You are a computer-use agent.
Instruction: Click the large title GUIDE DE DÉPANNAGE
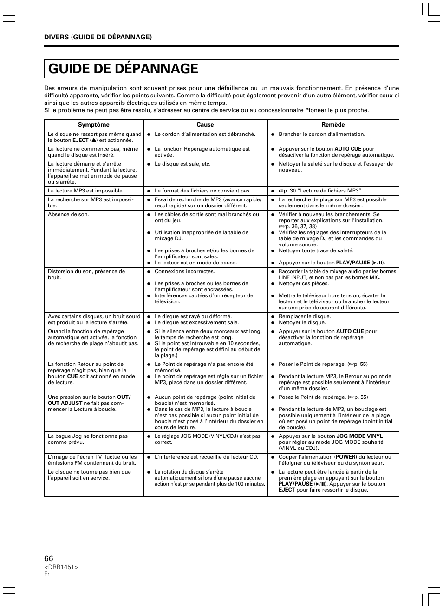coord(123,69)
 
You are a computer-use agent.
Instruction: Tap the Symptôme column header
coord(93,125)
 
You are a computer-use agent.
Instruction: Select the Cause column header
coord(205,125)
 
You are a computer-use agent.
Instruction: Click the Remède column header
coord(333,125)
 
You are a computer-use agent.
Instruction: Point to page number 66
coord(49,558)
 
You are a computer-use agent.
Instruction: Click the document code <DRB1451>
coord(61,567)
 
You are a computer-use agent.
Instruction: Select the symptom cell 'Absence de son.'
coord(68,215)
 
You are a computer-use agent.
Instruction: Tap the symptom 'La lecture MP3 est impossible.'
coord(86,191)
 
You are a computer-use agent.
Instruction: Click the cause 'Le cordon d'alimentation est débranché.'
coord(205,134)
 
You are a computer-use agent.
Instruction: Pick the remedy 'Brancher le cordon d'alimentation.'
coord(322,134)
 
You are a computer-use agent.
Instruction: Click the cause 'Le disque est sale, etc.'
coord(182,164)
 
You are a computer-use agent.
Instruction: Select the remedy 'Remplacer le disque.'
coord(305,316)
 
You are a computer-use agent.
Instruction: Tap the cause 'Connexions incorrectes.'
coord(185,271)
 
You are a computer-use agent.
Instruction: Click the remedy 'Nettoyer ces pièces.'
coord(304,283)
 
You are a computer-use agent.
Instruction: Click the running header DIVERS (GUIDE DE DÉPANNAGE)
coord(98,37)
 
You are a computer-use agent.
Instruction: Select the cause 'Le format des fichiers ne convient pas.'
coord(202,191)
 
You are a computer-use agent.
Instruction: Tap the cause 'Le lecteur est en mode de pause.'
coord(195,263)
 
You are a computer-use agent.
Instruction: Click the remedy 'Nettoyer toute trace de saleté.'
coord(316,250)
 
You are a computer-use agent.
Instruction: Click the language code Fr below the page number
coord(47,574)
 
